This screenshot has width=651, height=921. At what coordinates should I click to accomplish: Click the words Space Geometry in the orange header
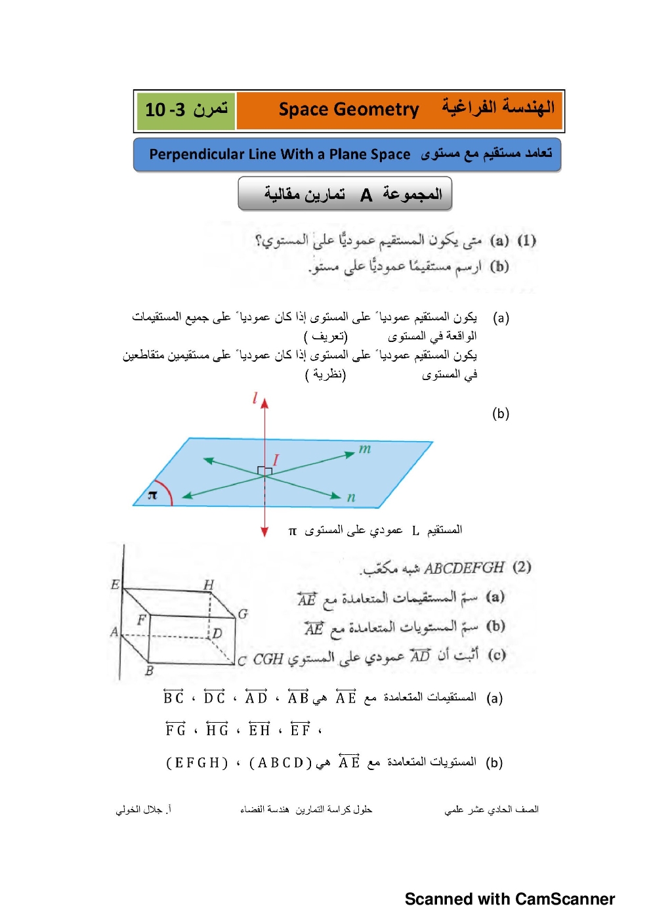click(x=348, y=110)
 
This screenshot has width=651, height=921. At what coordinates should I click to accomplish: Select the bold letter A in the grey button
click(x=366, y=195)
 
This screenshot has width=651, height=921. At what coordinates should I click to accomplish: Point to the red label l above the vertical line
click(x=255, y=398)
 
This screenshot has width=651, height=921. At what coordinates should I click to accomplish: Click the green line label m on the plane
click(x=365, y=448)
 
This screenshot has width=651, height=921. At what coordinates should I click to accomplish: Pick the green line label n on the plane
click(x=351, y=497)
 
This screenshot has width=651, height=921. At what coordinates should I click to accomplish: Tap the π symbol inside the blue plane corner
click(x=152, y=495)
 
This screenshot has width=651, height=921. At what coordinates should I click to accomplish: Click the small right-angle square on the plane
click(x=264, y=471)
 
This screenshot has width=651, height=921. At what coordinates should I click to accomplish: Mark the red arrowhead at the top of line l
click(x=264, y=402)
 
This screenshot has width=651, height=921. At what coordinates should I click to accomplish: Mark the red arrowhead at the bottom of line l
click(x=264, y=532)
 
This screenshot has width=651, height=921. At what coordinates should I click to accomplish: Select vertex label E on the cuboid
click(x=115, y=584)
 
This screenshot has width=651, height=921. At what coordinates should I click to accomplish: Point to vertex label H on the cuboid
click(x=209, y=584)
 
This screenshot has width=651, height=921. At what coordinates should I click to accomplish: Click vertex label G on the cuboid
click(x=243, y=614)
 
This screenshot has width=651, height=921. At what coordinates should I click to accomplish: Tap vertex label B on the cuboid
click(x=149, y=671)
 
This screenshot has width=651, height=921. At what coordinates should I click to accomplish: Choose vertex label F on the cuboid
click(x=141, y=620)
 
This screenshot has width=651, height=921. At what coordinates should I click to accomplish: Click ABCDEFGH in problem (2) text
click(x=464, y=568)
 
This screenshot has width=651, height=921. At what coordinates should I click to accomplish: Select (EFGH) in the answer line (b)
click(x=197, y=763)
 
